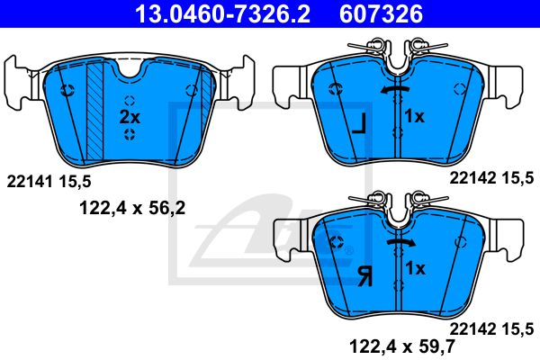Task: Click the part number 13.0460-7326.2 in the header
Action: (222, 13)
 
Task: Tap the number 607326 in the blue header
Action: (382, 13)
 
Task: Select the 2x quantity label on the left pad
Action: (130, 117)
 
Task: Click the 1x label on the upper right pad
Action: (415, 116)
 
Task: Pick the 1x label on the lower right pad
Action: (415, 268)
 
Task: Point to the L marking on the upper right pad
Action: (358, 124)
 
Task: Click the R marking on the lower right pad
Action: (364, 276)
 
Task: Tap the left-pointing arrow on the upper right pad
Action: (395, 90)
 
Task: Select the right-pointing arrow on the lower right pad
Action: (400, 242)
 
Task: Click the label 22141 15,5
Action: (49, 182)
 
